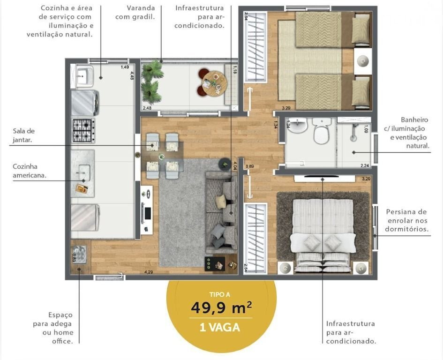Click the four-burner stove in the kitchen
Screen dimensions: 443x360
(83, 131)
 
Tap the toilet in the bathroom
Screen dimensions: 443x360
(322, 131)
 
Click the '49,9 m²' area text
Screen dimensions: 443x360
(221, 307)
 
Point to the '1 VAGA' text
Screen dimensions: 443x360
(220, 328)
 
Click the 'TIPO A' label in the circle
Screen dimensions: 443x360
(219, 294)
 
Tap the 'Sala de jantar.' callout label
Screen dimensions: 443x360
(24, 135)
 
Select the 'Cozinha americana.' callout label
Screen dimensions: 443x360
(30, 171)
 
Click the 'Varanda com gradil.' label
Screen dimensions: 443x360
(135, 13)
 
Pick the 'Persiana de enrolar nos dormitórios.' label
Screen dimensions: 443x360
(406, 220)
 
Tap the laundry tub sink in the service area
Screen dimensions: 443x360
(83, 76)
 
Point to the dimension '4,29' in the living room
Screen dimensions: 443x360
(149, 272)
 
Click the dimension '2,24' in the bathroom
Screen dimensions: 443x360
(365, 165)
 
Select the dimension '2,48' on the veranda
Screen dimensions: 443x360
(147, 108)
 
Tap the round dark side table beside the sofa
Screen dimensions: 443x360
(225, 164)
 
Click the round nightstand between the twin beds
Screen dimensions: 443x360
(363, 61)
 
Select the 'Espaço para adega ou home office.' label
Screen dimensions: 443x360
(53, 328)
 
